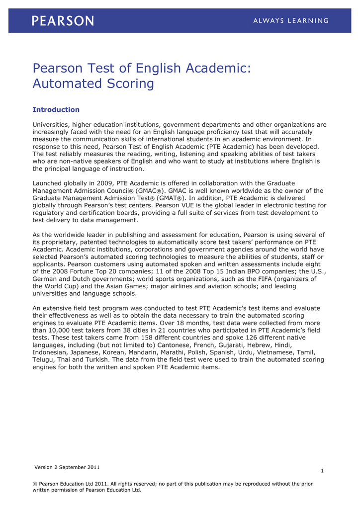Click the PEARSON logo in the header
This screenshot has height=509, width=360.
[x=63, y=20]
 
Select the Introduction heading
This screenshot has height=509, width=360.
[x=56, y=109]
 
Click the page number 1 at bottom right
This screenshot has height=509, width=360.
[x=322, y=471]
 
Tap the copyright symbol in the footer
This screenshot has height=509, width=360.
[x=35, y=484]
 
